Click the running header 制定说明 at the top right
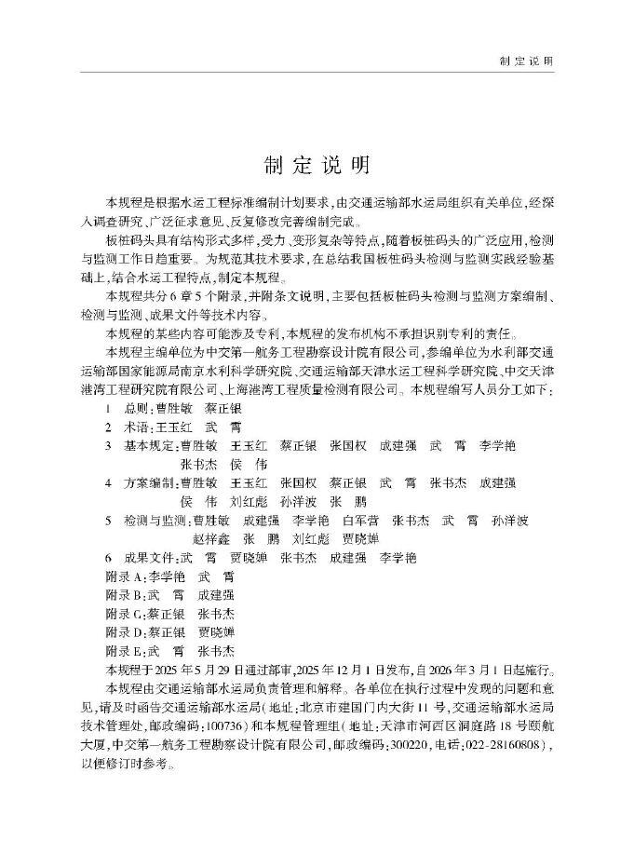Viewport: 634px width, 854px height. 526,61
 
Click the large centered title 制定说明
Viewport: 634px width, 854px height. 317,165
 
